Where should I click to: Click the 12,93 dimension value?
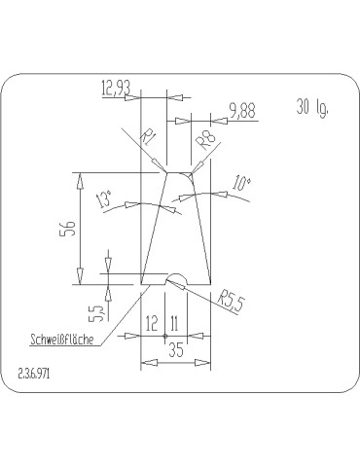116,88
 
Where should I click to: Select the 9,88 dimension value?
242,111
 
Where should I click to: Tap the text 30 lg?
312,107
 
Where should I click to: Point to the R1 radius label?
148,138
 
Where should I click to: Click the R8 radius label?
207,139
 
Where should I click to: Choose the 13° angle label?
104,198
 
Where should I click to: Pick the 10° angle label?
241,184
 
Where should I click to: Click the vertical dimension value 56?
69,229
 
